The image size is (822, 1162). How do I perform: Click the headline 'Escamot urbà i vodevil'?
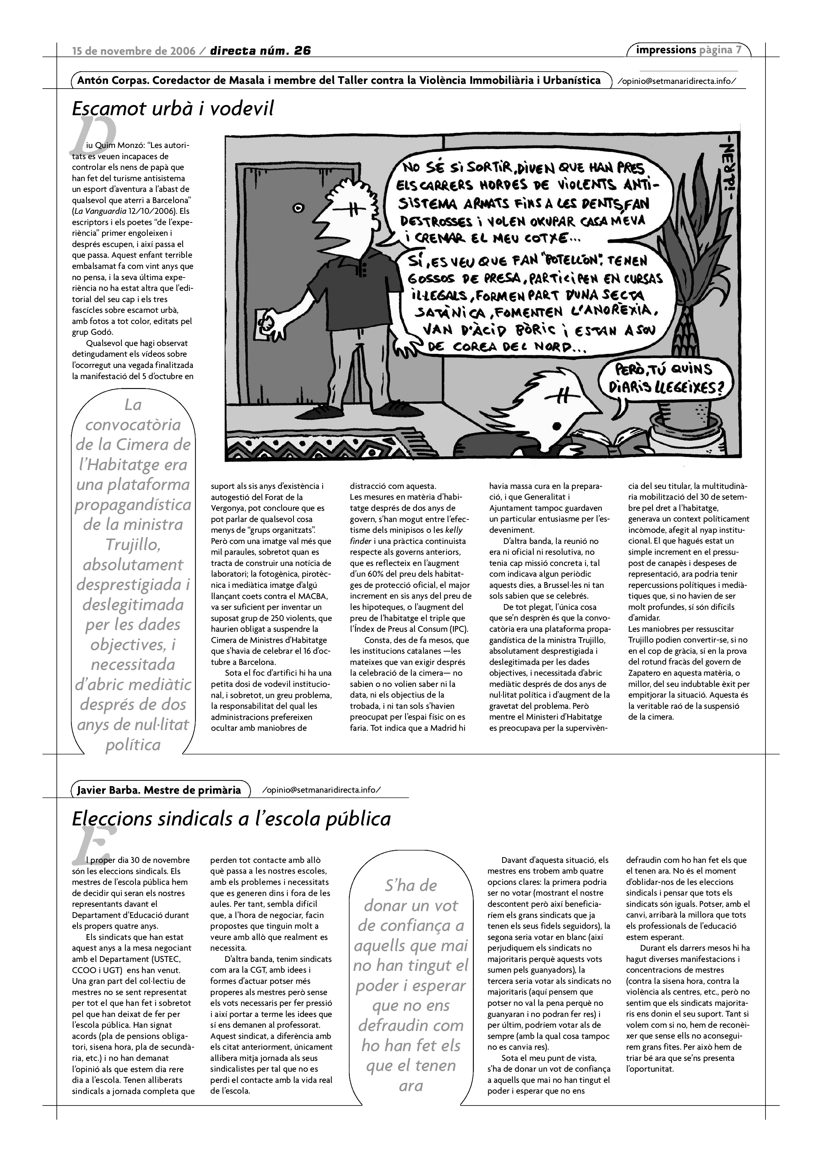pos(172,108)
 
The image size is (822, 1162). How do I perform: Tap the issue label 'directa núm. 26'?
pos(260,51)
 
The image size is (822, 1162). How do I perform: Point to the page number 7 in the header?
pos(739,50)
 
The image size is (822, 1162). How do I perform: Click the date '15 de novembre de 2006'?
pos(134,51)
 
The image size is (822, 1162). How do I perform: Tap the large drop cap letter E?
pos(94,845)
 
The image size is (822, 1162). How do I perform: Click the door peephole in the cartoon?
pos(298,207)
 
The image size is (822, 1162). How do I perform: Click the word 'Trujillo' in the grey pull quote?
pos(132,545)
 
